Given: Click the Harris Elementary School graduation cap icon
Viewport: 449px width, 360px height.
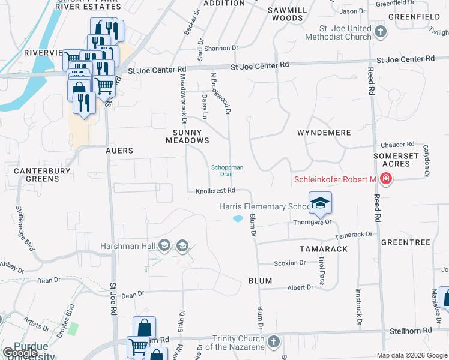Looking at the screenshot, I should (x=321, y=203).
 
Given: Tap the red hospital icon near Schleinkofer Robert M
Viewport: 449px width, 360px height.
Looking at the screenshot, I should (x=385, y=179).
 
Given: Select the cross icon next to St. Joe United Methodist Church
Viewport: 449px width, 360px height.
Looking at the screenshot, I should (x=379, y=32).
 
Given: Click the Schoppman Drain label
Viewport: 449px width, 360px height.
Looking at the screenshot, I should (x=226, y=171).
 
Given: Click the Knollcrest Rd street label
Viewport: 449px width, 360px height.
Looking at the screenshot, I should (x=214, y=191).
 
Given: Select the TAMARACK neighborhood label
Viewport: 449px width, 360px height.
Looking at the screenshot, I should (x=324, y=248).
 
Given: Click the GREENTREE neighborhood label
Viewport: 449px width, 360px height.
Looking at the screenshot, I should (x=405, y=242).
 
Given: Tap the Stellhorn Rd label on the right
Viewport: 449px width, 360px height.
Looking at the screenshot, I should (x=409, y=331).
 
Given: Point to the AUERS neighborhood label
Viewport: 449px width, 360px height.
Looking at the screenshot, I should (x=119, y=151).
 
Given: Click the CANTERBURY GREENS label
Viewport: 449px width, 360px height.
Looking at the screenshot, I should (x=37, y=175).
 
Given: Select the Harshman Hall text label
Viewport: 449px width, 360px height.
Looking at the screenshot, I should (x=128, y=245).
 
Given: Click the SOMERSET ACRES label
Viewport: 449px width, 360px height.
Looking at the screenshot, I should (x=396, y=160).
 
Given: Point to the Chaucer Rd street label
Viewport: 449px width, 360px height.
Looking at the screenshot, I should (x=397, y=145).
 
